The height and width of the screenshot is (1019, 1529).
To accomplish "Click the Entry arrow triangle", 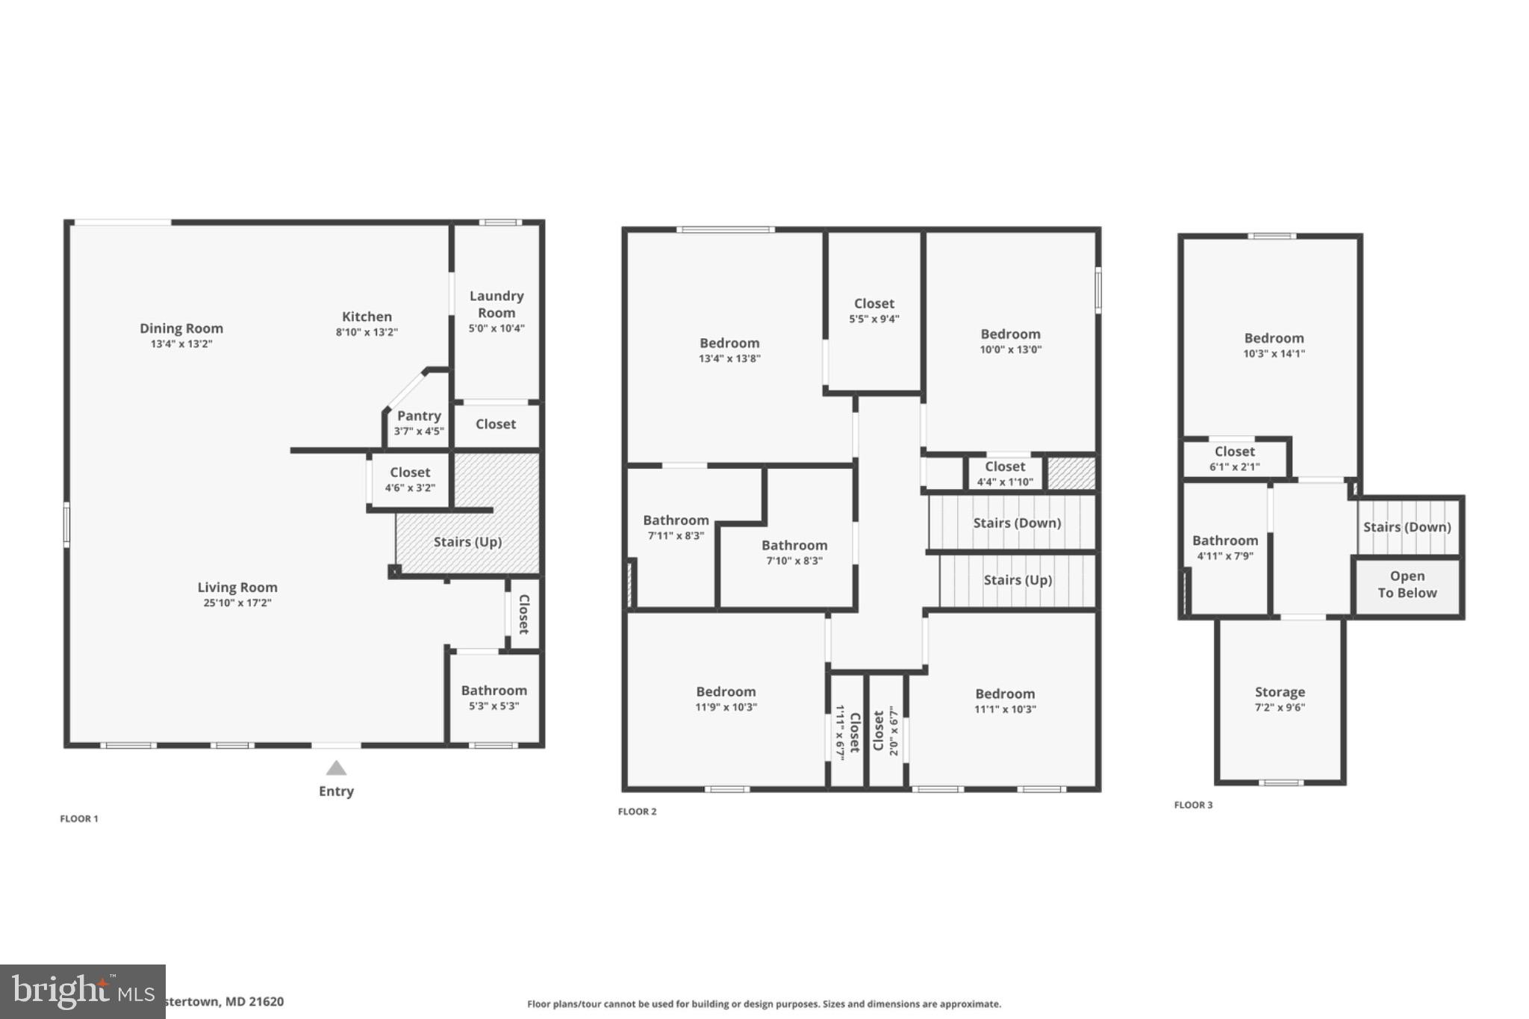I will [x=336, y=768].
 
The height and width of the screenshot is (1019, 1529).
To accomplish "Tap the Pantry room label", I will [x=419, y=416].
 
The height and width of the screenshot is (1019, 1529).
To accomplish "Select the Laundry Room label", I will [x=496, y=305].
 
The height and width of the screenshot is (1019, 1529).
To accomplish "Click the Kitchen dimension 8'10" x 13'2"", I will [x=367, y=332].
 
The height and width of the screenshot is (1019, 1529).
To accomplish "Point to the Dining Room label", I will [x=181, y=328].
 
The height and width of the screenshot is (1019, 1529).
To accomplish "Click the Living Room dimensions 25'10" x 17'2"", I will [x=237, y=603].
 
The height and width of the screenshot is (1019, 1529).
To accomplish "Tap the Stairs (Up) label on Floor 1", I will [x=467, y=542].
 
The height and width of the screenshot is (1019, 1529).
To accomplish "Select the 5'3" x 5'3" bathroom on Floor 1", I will [x=493, y=698].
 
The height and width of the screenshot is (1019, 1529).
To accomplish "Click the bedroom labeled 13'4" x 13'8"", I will [x=729, y=350].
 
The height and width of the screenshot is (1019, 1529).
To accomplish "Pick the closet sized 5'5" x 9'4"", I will [x=874, y=311].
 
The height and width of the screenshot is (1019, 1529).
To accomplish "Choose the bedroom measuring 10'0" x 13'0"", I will [x=1010, y=341].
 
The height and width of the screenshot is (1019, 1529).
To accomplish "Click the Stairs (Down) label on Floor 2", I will [x=1017, y=523].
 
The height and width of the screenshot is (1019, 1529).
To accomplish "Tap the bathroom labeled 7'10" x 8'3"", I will [x=794, y=552].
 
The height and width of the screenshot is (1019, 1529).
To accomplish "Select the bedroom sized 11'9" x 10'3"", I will [x=726, y=699].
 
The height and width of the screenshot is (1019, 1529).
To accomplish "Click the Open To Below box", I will [x=1407, y=585].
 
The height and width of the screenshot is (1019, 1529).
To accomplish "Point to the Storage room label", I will [x=1280, y=692].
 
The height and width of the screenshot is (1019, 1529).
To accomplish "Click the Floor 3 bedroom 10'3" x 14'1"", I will [x=1274, y=346].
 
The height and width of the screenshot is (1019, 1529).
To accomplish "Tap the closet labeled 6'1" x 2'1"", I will [x=1234, y=458].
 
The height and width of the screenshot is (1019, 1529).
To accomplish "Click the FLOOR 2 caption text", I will [x=637, y=811].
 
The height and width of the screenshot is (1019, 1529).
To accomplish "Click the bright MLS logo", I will [x=82, y=991].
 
